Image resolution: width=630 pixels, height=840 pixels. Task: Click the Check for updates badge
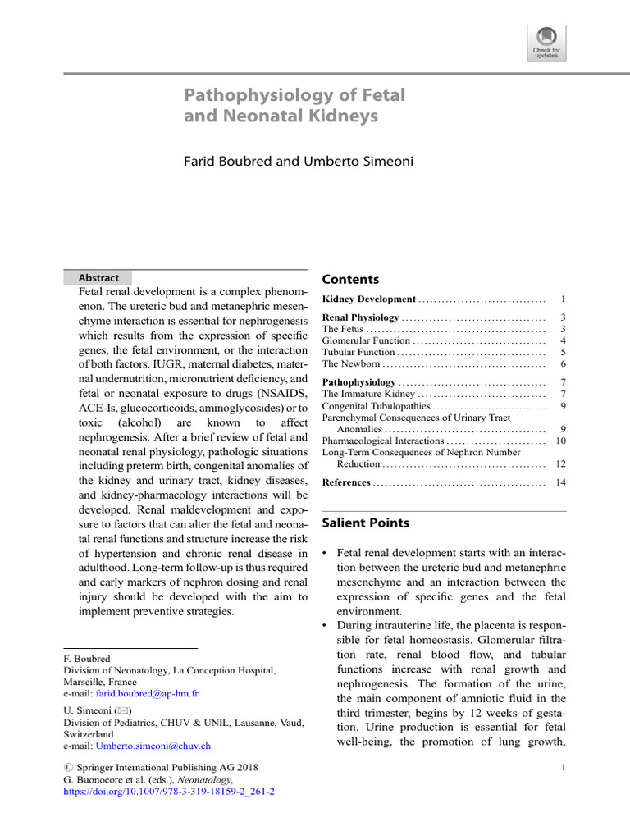coord(546,42)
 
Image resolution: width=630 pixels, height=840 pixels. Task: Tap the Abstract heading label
coord(98,278)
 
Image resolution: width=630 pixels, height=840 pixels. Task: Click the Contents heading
coord(350,279)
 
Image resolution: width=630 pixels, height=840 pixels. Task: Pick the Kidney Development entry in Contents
coord(368,299)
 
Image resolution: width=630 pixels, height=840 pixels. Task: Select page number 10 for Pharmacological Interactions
coord(560,441)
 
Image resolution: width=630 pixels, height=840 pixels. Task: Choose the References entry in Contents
coord(346,482)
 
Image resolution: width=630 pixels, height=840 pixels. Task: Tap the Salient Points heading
coord(365,523)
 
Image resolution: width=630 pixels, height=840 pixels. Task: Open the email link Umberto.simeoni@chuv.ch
coord(153,746)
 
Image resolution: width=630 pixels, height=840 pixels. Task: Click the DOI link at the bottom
coord(169,792)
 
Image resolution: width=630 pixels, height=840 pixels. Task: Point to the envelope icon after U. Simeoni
coord(122,710)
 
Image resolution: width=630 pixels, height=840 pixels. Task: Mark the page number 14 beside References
coord(560,482)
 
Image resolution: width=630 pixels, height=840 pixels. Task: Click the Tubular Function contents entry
coord(358,352)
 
